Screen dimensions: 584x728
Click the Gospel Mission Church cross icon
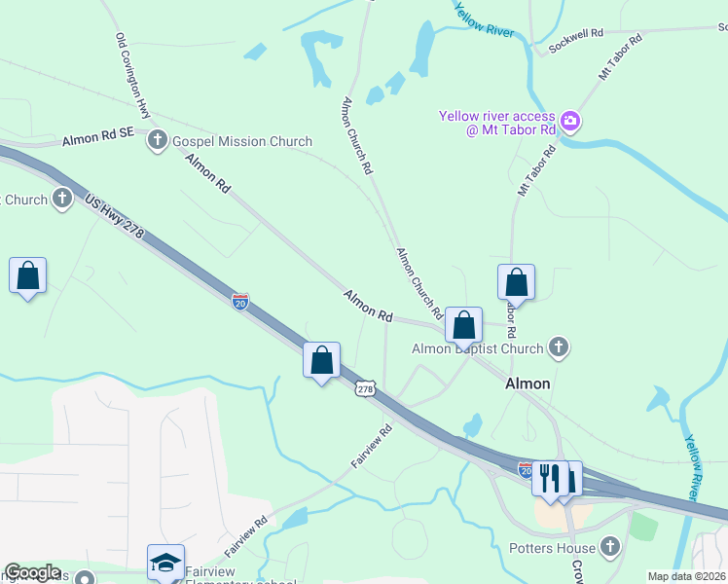(x=157, y=141)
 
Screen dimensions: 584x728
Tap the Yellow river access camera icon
(x=570, y=123)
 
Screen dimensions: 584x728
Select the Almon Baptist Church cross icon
(x=558, y=347)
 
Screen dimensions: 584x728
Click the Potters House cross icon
(x=610, y=547)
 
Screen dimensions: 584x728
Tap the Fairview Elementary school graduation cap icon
(x=165, y=563)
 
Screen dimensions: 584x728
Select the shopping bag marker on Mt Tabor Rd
(x=516, y=282)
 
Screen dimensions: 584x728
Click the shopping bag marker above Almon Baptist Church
(x=464, y=326)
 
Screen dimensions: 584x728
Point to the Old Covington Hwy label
(x=132, y=76)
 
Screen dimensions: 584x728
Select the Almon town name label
(x=528, y=383)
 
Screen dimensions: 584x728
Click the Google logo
(x=32, y=573)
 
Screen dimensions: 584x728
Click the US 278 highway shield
(x=365, y=388)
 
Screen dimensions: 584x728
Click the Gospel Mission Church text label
(x=241, y=141)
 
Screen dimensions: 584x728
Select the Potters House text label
(x=551, y=547)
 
